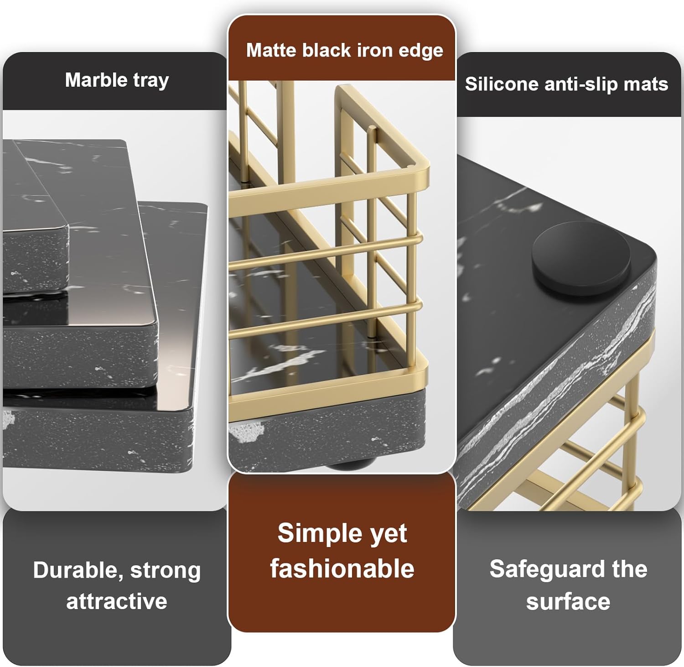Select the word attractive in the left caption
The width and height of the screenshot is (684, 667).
coord(117,601)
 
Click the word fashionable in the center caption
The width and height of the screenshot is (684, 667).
coord(342,568)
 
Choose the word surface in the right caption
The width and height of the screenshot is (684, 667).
coord(568,602)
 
